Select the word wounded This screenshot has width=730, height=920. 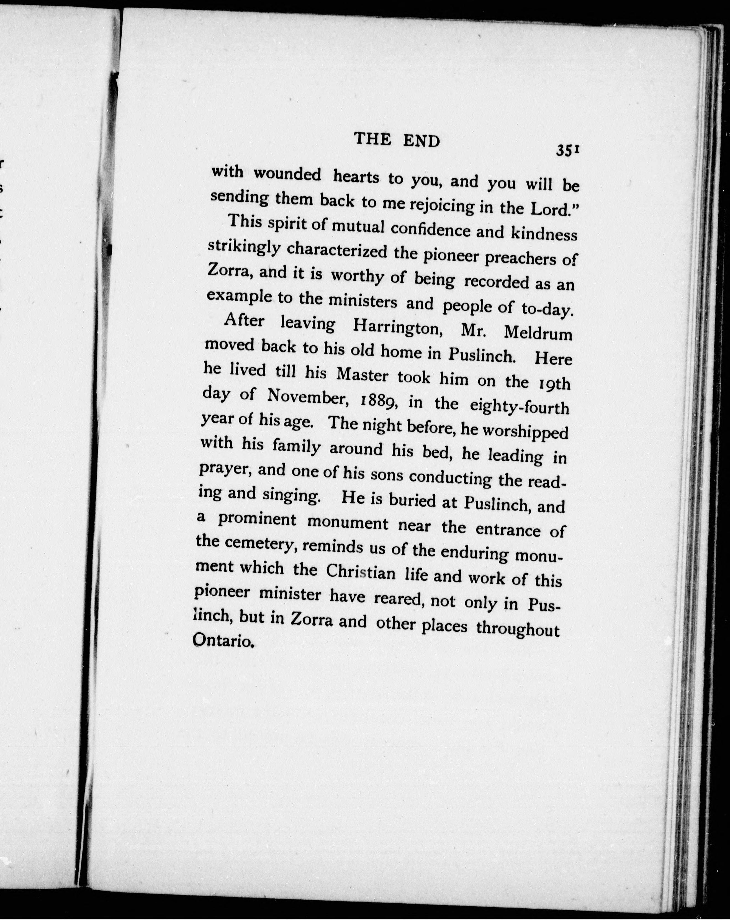(x=287, y=175)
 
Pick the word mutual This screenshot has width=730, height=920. (x=358, y=226)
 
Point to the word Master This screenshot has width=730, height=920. (x=363, y=375)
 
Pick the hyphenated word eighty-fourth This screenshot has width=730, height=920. (x=519, y=407)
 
